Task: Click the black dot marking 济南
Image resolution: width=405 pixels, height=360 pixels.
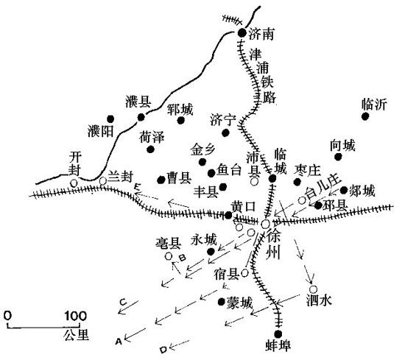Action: point(242,32)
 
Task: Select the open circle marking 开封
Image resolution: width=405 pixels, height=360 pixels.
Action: point(74,183)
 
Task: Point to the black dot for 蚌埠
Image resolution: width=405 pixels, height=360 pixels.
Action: point(278,334)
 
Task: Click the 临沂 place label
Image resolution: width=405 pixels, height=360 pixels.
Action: point(375,105)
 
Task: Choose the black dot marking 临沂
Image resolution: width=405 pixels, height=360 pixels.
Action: point(365,116)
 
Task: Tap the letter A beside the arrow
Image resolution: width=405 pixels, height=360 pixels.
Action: point(119,342)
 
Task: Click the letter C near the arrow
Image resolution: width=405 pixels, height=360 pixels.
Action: point(123,302)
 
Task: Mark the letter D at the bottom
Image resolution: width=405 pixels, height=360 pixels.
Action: point(163,350)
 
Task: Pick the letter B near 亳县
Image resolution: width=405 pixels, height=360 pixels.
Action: point(183,258)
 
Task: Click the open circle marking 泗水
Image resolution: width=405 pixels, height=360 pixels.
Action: point(313,289)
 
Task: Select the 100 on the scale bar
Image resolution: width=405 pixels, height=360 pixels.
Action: point(75,316)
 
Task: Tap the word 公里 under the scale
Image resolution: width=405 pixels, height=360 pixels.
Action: point(77,335)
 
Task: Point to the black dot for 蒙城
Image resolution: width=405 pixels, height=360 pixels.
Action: point(222,302)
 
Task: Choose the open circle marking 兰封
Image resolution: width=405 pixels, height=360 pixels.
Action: point(103,181)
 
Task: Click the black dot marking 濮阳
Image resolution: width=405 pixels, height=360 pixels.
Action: point(110,119)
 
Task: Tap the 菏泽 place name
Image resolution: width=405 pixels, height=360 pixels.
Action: point(152,137)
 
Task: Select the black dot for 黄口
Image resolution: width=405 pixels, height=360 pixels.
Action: point(228,215)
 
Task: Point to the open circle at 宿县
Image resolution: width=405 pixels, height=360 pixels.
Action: point(244,272)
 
